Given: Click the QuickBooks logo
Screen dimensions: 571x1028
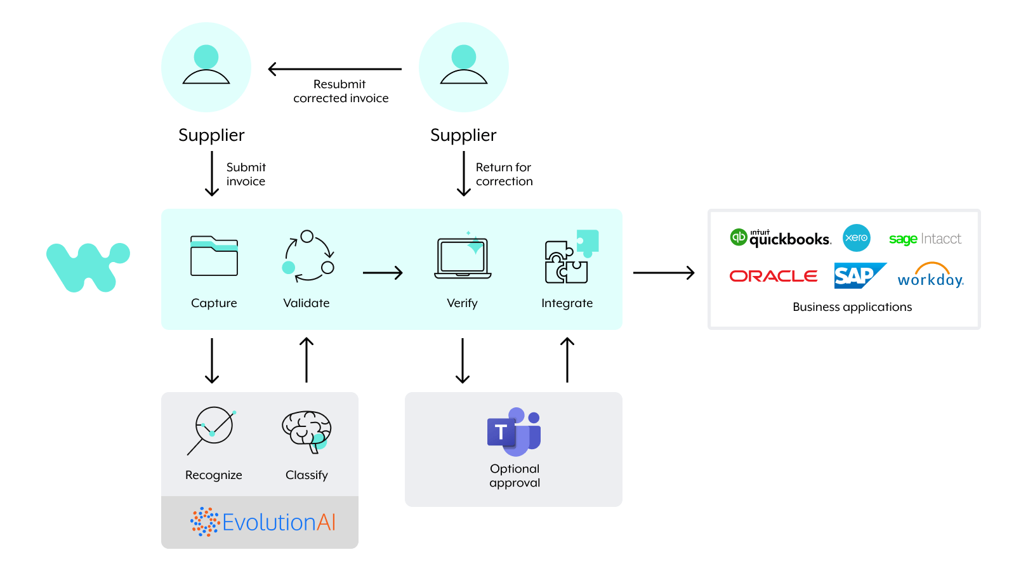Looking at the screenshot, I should pyautogui.click(x=781, y=238).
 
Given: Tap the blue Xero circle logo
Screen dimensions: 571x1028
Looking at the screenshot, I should pyautogui.click(x=856, y=238).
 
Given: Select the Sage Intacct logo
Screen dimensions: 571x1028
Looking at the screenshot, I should pyautogui.click(x=925, y=239).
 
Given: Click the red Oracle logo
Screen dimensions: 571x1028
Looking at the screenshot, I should pyautogui.click(x=773, y=276).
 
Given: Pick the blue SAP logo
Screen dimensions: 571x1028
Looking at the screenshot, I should pyautogui.click(x=858, y=276).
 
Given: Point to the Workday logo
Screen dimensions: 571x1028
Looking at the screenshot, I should pyautogui.click(x=930, y=276).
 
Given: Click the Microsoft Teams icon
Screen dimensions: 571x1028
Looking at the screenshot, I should pyautogui.click(x=513, y=431).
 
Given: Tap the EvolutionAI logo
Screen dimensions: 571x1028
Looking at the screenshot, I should pyautogui.click(x=263, y=522).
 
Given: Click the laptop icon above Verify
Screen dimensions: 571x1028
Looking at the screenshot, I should pyautogui.click(x=463, y=258).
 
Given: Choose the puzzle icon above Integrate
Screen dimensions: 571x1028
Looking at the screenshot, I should pyautogui.click(x=570, y=257).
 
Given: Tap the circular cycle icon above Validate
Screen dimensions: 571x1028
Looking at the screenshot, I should pyautogui.click(x=308, y=256).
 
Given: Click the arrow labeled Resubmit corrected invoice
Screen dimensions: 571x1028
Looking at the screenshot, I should pyautogui.click(x=334, y=69).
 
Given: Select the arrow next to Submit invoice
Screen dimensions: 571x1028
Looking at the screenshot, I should pyautogui.click(x=212, y=174).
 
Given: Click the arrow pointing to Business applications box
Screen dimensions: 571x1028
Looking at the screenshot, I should pyautogui.click(x=664, y=273).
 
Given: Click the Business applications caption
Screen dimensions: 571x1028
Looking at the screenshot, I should pyautogui.click(x=852, y=307).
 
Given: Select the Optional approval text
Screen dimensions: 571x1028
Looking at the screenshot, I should pyautogui.click(x=515, y=476).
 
